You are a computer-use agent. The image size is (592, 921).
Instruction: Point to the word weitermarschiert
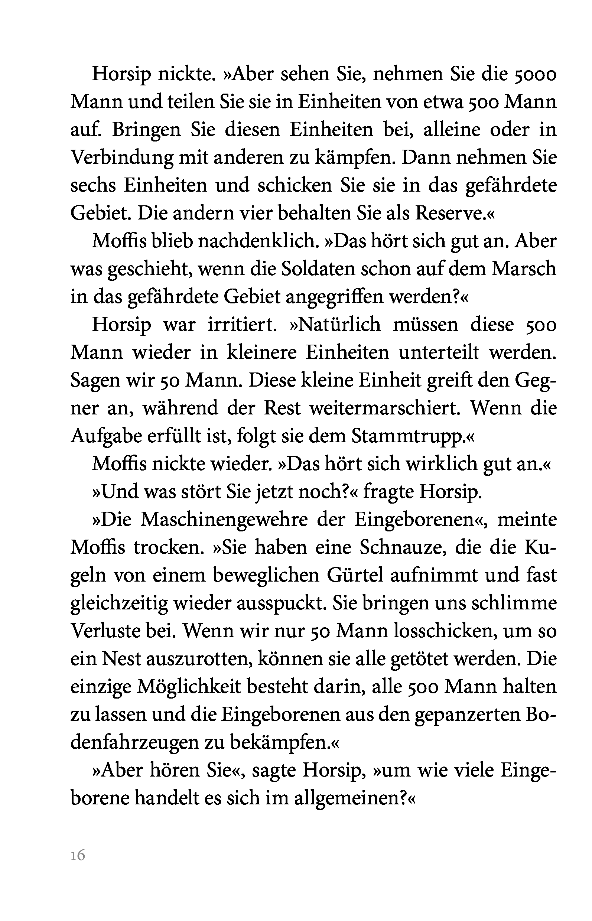click(385, 408)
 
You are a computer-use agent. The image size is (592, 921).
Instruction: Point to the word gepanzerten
click(468, 715)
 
